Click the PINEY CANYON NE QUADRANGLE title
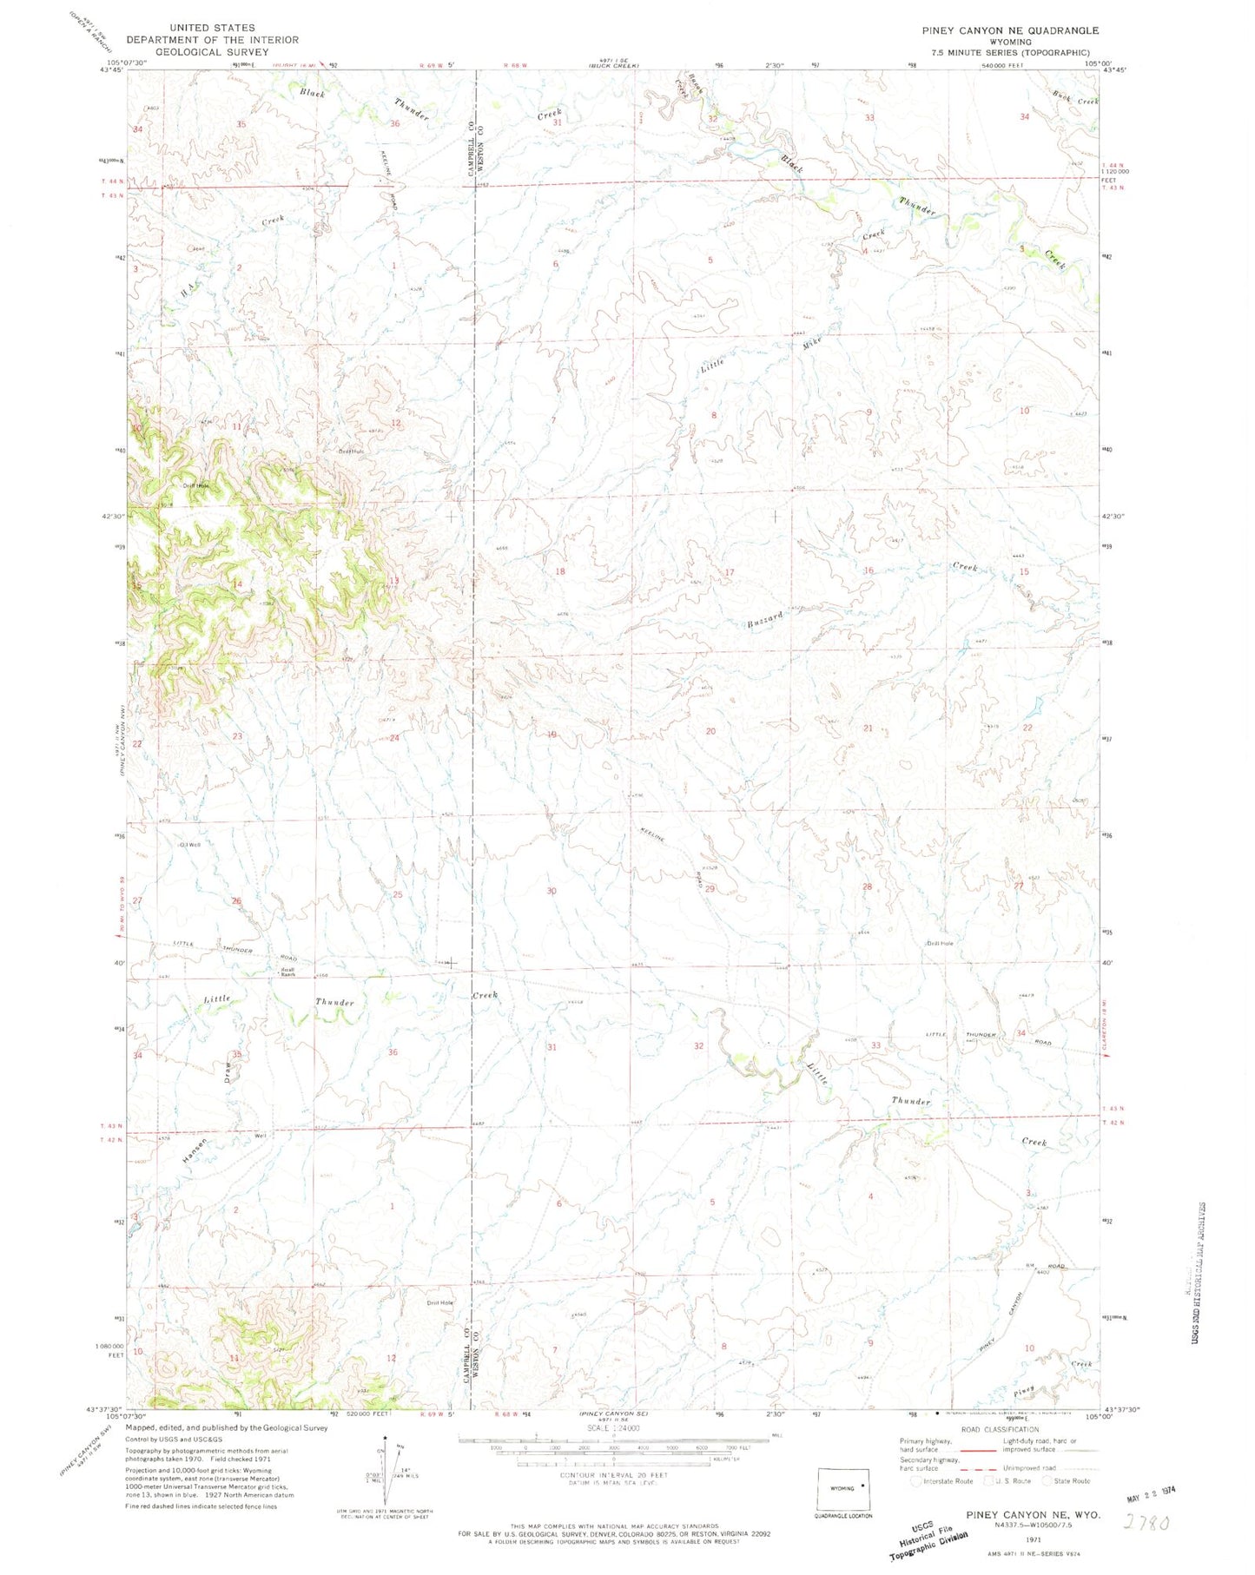(x=1009, y=30)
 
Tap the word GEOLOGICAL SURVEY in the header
(x=213, y=51)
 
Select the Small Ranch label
(x=287, y=972)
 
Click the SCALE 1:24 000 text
(x=613, y=1427)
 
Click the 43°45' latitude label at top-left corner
(x=110, y=72)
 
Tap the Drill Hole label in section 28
(x=940, y=943)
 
